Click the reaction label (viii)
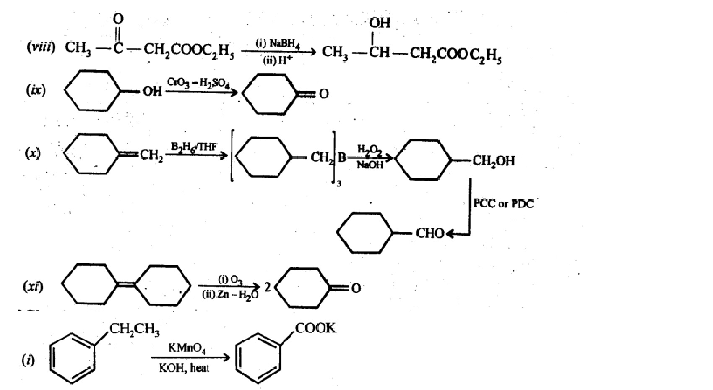click(41, 47)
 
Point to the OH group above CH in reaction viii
click(380, 23)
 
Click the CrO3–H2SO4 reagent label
click(198, 82)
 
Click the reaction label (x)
click(32, 153)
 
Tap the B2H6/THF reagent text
click(194, 147)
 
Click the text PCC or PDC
click(503, 204)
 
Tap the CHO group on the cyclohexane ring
click(429, 233)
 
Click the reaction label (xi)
click(33, 287)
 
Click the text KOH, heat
click(184, 368)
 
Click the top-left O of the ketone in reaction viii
click(119, 18)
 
